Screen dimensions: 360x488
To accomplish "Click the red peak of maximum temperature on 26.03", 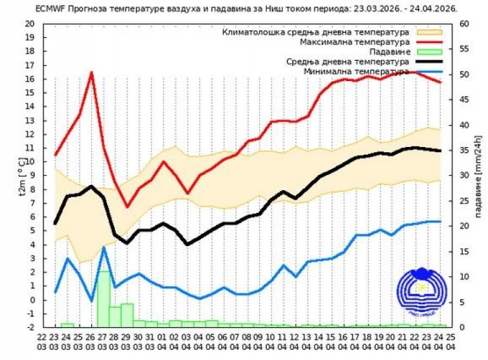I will coord(91,73).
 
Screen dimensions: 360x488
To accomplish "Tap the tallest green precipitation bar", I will coord(103,298).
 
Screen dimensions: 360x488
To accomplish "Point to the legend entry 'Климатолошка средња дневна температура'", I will coord(317,31).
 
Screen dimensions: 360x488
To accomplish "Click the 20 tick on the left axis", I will coord(30,23).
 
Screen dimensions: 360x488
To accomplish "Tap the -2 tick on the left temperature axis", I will coord(30,327).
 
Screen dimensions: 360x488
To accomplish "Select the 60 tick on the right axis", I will coord(463,23).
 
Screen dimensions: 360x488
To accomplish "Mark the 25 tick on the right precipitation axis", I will coord(463,201).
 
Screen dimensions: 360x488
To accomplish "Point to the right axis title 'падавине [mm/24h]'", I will coord(479,176).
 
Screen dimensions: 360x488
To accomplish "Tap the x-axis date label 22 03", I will coord(42,342).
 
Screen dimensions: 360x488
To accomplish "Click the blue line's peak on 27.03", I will coord(104,248).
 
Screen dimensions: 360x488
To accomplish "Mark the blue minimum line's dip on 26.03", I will coord(91,300).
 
